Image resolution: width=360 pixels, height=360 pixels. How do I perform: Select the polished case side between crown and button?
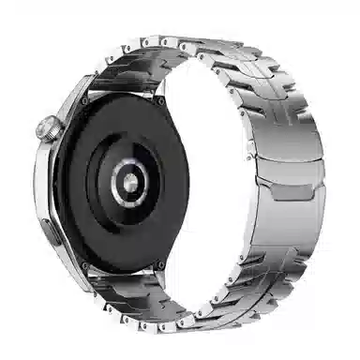click(44, 173)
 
